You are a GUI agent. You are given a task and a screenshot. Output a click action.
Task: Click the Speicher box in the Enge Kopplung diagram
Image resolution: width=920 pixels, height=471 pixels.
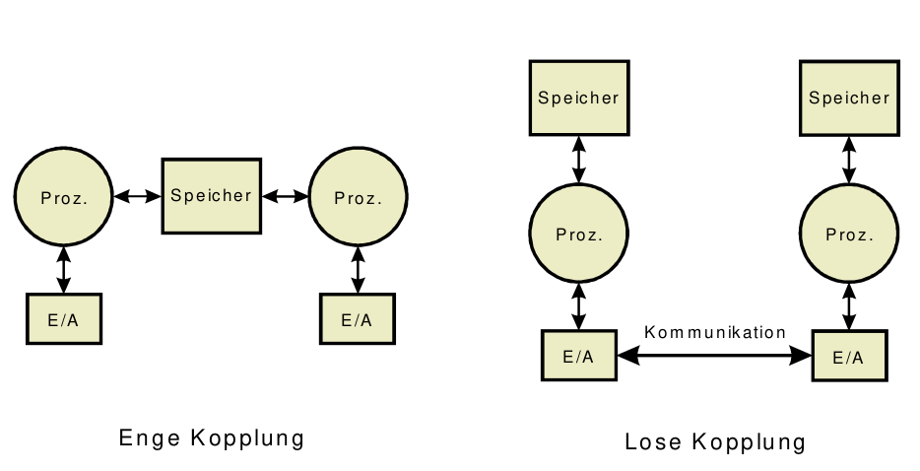pyautogui.click(x=212, y=195)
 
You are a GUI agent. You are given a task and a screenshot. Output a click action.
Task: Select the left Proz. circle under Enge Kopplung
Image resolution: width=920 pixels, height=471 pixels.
pyautogui.click(x=64, y=197)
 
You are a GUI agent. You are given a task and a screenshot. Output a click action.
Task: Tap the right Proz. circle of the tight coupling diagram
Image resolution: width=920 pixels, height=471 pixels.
pyautogui.click(x=358, y=197)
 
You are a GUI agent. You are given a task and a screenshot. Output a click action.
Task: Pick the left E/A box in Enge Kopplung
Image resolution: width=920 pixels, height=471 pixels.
pyautogui.click(x=64, y=319)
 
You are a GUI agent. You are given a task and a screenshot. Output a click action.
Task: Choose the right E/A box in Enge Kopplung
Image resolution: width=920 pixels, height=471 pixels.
pyautogui.click(x=357, y=319)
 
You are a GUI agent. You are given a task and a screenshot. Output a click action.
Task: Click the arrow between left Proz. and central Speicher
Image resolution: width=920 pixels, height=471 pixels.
pyautogui.click(x=138, y=196)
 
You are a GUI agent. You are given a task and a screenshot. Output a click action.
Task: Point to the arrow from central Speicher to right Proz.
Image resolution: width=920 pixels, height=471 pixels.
pyautogui.click(x=286, y=196)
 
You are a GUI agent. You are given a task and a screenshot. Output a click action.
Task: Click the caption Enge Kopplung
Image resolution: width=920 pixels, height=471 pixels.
pyautogui.click(x=211, y=437)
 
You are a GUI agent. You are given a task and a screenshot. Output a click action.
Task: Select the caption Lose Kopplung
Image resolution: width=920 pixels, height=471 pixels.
pyautogui.click(x=715, y=442)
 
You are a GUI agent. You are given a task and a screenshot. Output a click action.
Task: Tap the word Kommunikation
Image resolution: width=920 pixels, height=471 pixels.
pyautogui.click(x=715, y=332)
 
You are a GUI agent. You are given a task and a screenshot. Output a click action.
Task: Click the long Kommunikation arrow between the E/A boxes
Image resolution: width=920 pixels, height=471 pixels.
pyautogui.click(x=715, y=356)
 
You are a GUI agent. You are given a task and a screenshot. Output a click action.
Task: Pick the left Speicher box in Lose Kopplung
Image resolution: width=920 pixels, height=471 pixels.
pyautogui.click(x=578, y=98)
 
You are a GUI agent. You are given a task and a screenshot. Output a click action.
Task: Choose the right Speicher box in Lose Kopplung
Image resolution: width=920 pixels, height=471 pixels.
pyautogui.click(x=849, y=98)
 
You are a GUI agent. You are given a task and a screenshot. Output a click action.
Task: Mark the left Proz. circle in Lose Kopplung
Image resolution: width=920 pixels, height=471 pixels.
pyautogui.click(x=578, y=235)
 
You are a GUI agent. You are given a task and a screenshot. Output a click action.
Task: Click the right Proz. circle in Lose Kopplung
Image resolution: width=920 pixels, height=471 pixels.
pyautogui.click(x=849, y=235)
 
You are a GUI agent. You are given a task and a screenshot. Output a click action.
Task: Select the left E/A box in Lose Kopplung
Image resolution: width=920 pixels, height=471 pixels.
pyautogui.click(x=578, y=356)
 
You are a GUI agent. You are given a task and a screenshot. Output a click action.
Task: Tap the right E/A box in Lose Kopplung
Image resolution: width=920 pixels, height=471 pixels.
pyautogui.click(x=848, y=356)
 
